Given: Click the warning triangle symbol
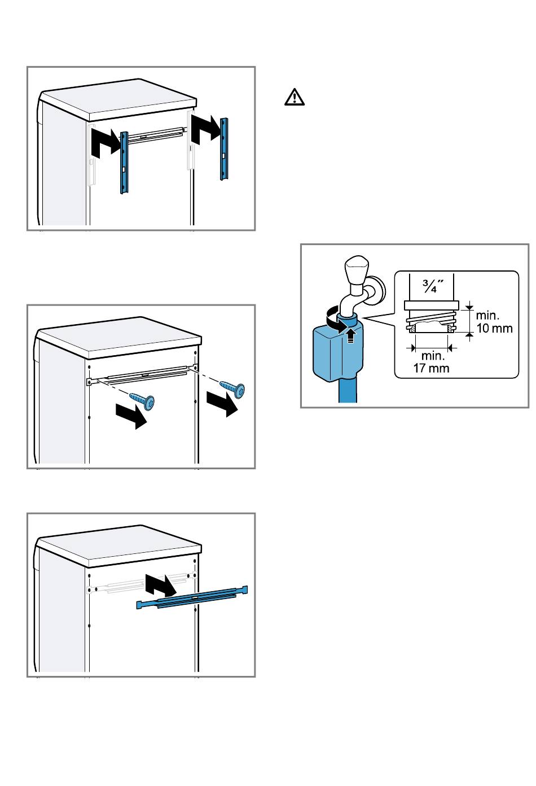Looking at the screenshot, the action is (294, 97).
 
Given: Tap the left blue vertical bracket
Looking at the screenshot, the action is (124, 163).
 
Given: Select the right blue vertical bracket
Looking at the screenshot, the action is (223, 149).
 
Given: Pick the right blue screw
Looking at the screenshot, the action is (232, 388).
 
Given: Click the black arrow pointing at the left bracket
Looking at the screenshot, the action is (105, 142).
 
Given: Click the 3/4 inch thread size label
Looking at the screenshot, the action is (433, 286).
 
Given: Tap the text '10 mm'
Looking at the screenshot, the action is (494, 328).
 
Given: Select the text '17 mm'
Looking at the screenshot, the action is (431, 368).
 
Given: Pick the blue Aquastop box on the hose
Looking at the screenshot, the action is (338, 351).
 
